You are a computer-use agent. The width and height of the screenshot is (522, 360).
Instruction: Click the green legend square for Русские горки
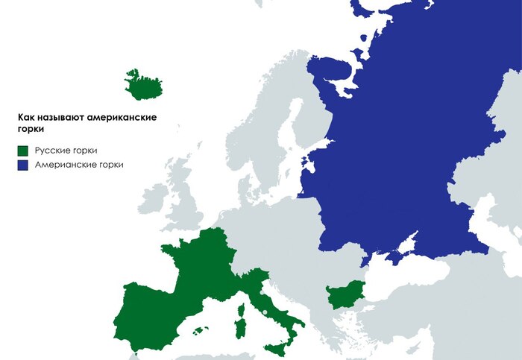(24, 150)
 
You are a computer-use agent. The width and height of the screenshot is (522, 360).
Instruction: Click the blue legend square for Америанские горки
(24, 165)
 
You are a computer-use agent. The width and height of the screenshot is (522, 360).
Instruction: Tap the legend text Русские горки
(66, 150)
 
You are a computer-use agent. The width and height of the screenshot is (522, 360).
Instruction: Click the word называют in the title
(60, 118)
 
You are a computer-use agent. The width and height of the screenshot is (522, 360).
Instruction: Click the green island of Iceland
(145, 86)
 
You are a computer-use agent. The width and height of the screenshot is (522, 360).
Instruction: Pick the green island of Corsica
(243, 306)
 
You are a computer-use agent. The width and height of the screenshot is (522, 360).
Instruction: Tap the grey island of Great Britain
(183, 198)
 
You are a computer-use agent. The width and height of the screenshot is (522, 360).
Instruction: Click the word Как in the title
(25, 118)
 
